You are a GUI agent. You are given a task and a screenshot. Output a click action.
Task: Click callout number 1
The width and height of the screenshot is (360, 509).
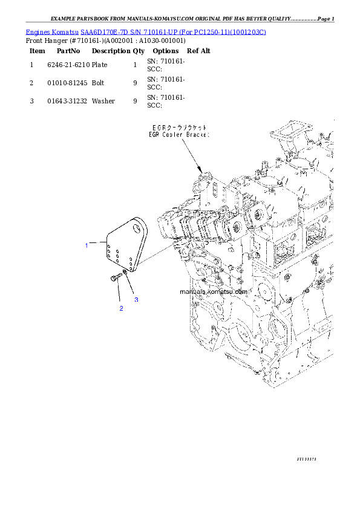pos(87,245)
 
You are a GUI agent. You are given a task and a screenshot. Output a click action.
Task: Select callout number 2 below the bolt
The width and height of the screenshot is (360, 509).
pos(121,309)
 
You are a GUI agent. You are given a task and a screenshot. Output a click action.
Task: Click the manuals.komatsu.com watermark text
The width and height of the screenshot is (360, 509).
pos(214,291)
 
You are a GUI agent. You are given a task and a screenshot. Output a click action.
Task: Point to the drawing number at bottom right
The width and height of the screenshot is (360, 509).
pos(307,459)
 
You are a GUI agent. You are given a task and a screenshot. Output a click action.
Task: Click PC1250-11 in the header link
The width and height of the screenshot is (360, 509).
pos(212,31)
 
